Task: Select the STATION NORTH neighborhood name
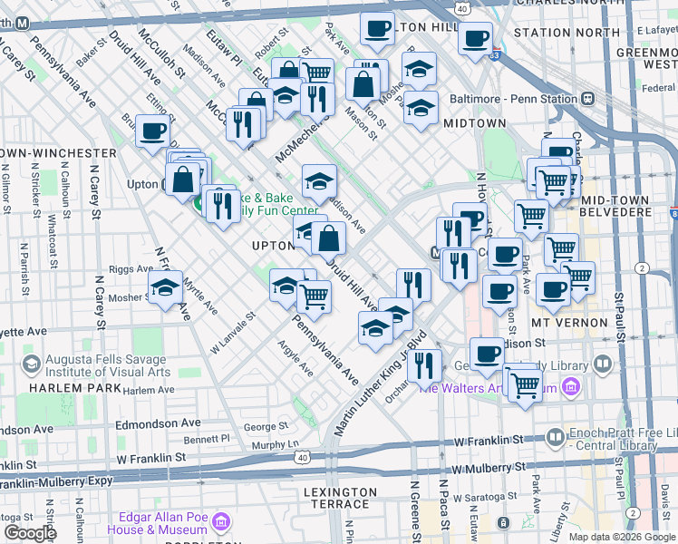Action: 554,33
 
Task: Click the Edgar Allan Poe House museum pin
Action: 221,522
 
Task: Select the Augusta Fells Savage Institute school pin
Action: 32,364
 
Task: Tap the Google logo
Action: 31,532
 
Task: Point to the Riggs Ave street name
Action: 131,269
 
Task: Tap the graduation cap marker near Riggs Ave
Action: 166,288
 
